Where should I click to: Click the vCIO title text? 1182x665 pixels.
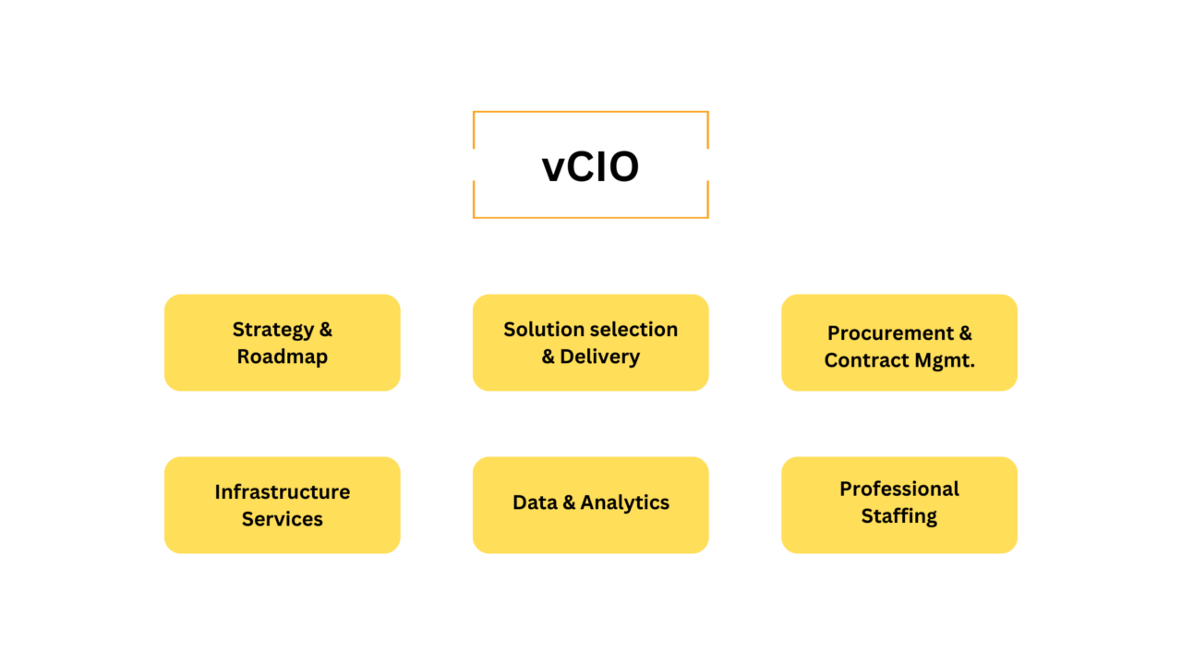pyautogui.click(x=590, y=167)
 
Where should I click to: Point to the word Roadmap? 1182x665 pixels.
pyautogui.click(x=282, y=357)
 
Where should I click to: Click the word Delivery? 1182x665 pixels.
pyautogui.click(x=599, y=357)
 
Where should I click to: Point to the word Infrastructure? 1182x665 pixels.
pyautogui.click(x=282, y=492)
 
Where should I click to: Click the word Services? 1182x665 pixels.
pyautogui.click(x=282, y=519)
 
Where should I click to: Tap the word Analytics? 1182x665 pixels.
pyautogui.click(x=625, y=502)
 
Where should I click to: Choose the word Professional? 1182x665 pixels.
pyautogui.click(x=899, y=489)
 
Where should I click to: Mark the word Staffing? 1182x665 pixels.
pyautogui.click(x=899, y=515)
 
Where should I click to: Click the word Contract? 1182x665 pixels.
pyautogui.click(x=862, y=360)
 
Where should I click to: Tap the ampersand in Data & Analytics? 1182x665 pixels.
pyautogui.click(x=569, y=502)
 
